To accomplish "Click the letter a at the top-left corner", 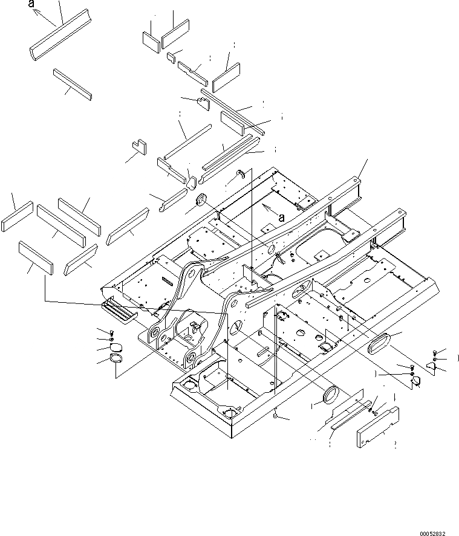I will [x=31, y=4].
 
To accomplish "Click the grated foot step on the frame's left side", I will [x=118, y=311].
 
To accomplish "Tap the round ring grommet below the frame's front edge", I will [x=332, y=394].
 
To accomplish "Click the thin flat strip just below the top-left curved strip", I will [x=72, y=83].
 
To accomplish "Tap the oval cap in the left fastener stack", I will [x=116, y=347].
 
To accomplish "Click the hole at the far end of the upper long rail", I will [x=358, y=178].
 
